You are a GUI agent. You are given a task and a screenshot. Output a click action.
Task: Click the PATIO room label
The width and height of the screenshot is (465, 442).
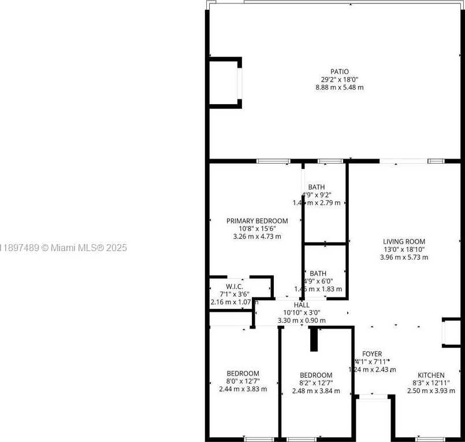pyautogui.click(x=339, y=72)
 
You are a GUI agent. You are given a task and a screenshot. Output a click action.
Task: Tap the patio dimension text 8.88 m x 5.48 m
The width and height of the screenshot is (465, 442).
pyautogui.click(x=339, y=87)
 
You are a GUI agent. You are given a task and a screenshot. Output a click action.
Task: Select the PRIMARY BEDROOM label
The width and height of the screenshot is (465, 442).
pyautogui.click(x=257, y=221)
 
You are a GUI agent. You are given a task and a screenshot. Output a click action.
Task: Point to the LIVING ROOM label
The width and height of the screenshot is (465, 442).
pyautogui.click(x=404, y=242)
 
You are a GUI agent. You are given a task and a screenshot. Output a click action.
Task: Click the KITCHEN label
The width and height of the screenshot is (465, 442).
pyautogui.click(x=431, y=375)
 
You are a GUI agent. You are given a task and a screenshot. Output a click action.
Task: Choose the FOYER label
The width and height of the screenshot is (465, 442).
pyautogui.click(x=372, y=354)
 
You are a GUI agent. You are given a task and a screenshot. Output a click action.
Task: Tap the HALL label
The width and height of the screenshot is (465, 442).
pyautogui.click(x=302, y=305)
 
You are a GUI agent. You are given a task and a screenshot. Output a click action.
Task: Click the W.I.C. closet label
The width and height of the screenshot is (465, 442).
pyautogui.click(x=235, y=287)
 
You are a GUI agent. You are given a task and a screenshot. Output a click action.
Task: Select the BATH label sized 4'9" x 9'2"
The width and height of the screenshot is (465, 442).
pyautogui.click(x=316, y=187)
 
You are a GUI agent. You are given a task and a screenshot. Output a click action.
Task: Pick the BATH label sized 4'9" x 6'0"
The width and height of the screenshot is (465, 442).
pyautogui.click(x=318, y=274)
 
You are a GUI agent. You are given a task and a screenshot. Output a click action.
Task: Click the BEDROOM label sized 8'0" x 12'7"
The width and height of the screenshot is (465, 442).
pyautogui.click(x=243, y=374)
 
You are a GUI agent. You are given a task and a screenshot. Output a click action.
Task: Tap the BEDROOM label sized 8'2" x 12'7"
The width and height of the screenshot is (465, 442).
pyautogui.click(x=316, y=375)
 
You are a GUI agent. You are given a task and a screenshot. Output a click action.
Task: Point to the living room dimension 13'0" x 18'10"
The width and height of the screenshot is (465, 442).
pyautogui.click(x=404, y=249)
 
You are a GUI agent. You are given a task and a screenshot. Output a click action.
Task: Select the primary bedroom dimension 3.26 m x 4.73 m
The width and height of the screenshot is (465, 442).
pyautogui.click(x=257, y=236)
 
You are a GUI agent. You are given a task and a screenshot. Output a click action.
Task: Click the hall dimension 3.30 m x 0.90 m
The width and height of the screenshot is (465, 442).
pyautogui.click(x=302, y=320)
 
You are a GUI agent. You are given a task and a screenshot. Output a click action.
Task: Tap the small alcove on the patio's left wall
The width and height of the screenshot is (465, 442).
pyautogui.click(x=225, y=82)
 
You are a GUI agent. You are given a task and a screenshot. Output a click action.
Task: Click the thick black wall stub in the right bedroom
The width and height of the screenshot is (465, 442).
pyautogui.click(x=314, y=339)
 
